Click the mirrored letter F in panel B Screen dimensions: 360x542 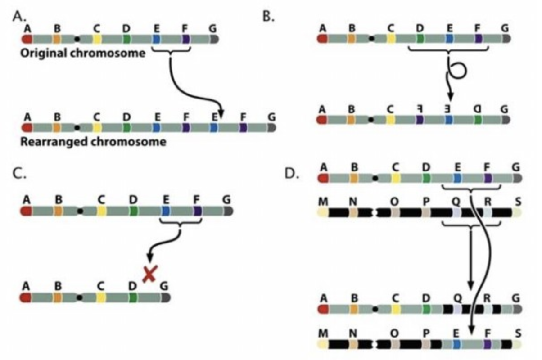pos(419,109)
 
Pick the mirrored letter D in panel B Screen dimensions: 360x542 pos(478,109)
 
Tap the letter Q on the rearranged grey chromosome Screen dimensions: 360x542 pos(457,298)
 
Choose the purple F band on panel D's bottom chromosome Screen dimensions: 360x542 pos(487,345)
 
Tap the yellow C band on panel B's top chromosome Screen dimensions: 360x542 pos(391,39)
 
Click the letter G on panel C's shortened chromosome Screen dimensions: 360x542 pos(165,286)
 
